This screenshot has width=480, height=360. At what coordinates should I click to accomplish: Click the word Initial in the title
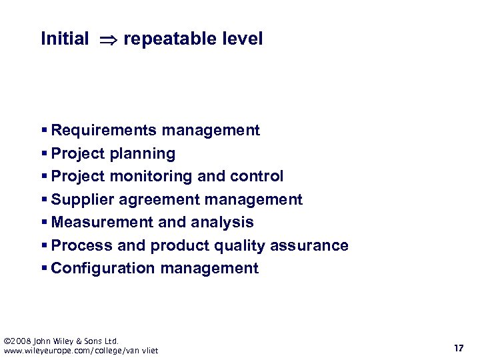pos(65,39)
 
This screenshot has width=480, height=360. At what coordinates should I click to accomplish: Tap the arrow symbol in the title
pos(106,39)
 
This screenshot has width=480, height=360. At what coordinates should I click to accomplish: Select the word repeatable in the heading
pos(167,39)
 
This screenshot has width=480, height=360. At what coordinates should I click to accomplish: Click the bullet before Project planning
pos(44,153)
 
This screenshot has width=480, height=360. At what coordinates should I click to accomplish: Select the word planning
pos(143,154)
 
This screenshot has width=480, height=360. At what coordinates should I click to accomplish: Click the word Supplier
pos(77,200)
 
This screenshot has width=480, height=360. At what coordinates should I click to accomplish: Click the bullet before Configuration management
pos(44,268)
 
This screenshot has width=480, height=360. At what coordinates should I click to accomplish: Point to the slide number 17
pos(458,348)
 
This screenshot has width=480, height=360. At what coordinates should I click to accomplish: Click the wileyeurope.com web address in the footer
pos(81,351)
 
